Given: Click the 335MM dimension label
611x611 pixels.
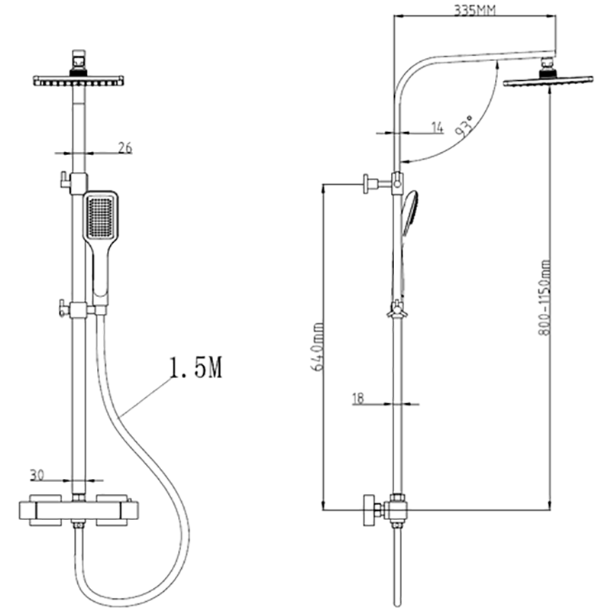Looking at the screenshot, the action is pos(475,10).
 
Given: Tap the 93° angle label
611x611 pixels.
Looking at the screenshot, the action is pos(464,125).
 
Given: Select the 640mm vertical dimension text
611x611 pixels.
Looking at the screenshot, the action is pos(318,347).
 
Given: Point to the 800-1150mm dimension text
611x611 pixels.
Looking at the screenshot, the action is pos(545,297).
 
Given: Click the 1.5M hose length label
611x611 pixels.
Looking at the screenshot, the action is pos(196,367).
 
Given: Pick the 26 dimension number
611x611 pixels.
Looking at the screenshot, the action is pos(125,148).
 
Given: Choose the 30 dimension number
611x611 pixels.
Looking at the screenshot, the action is pos(37,475).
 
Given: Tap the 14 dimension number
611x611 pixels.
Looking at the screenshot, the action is pos(437,128).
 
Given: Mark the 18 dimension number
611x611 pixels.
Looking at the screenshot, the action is pos(357,398).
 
